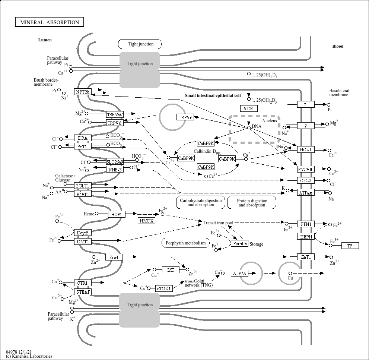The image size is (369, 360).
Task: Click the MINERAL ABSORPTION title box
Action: coord(50,22)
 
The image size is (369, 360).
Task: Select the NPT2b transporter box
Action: coord(83,92)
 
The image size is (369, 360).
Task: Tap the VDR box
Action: coord(249,108)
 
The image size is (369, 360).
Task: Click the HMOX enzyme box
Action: coord(146,221)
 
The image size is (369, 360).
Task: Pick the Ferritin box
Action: coord(240,244)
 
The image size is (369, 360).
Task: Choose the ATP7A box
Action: coord(239,273)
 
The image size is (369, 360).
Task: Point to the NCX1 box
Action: coord(306,149)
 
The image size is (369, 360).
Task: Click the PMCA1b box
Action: coord(306,169)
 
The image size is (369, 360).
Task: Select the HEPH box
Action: coord(306,237)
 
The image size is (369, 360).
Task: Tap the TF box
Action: coord(350,246)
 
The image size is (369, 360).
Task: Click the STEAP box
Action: coord(83,292)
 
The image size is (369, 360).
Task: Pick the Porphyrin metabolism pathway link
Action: coord(186,243)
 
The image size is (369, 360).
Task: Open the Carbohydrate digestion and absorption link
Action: coord(201,202)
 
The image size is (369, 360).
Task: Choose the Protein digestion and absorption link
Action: coord(252,202)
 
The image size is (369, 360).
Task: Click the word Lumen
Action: coord(45,40)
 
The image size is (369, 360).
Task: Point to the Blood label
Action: coord(338,46)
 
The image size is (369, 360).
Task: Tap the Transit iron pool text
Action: coord(219,222)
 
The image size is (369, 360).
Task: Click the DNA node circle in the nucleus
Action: coord(249,127)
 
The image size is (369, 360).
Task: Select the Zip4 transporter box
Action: coord(114,257)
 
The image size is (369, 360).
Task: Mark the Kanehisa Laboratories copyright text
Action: coord(29,356)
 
